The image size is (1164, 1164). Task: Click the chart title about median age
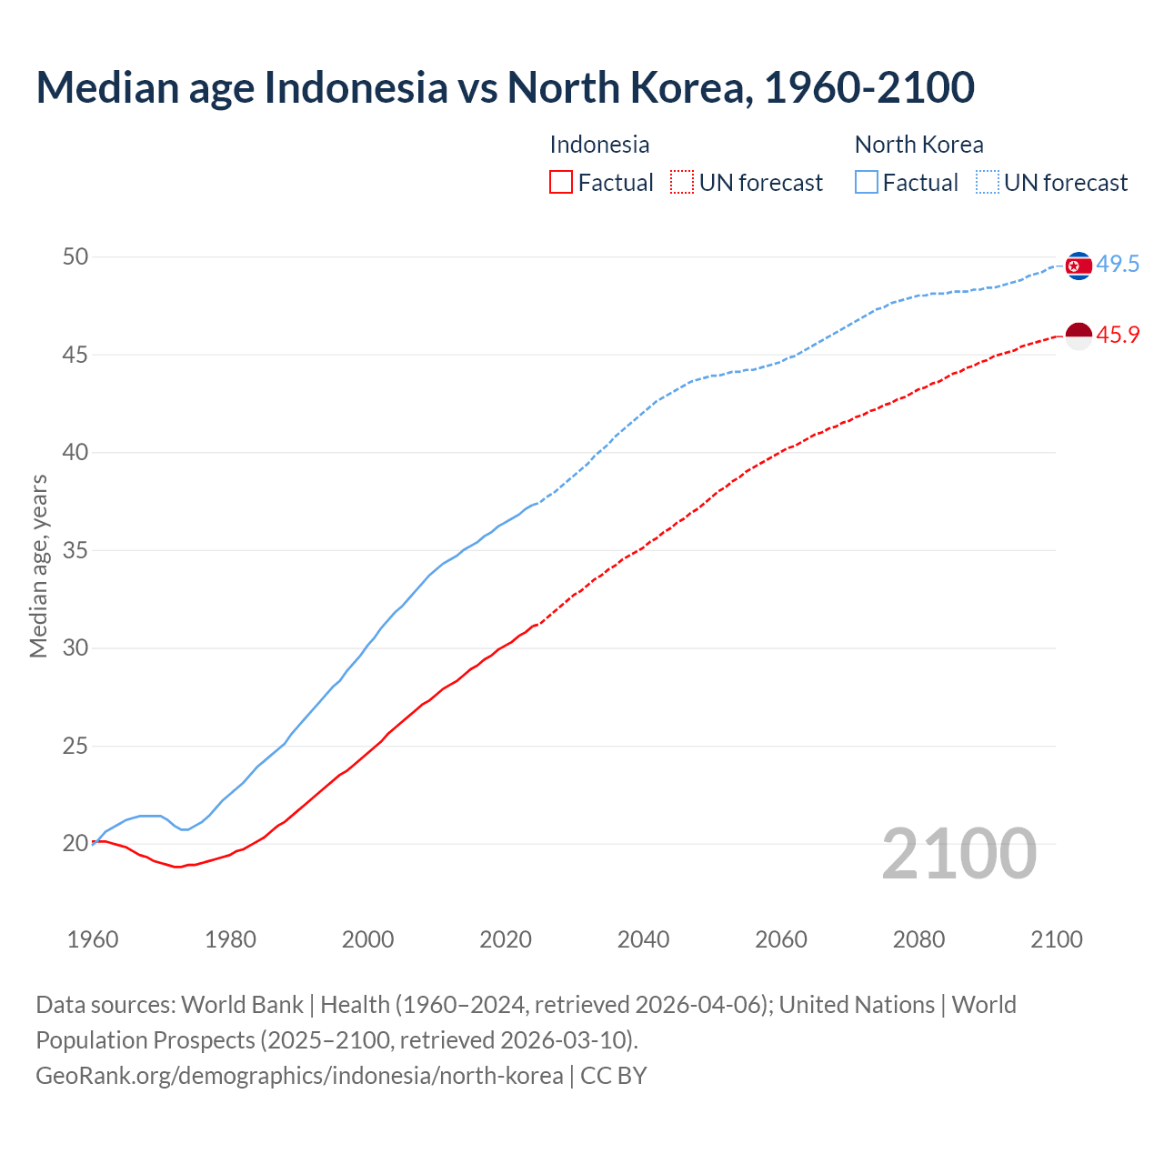click(505, 87)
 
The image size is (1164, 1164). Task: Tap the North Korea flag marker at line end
click(1079, 266)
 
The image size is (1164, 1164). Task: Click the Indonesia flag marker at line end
click(1079, 336)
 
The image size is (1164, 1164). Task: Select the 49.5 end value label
click(1118, 265)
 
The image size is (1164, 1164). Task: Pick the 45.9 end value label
click(1118, 336)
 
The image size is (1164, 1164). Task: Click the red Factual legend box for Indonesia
click(561, 183)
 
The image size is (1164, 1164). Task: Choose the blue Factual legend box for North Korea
click(867, 183)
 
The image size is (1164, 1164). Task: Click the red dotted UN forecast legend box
click(682, 183)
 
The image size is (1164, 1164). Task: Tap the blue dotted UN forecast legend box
click(988, 183)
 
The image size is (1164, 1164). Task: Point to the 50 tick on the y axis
click(75, 257)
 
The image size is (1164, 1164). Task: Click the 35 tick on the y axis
click(75, 551)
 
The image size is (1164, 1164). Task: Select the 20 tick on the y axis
click(75, 844)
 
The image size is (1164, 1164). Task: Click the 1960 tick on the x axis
click(93, 939)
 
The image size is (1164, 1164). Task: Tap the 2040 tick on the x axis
click(643, 939)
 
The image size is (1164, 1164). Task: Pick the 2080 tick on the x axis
click(918, 939)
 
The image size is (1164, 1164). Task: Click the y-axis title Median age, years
click(38, 566)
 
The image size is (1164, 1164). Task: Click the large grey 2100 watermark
click(958, 854)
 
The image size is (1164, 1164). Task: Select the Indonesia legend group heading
click(599, 145)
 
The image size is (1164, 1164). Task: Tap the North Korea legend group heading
click(918, 145)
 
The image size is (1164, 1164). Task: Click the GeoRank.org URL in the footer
click(299, 1076)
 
